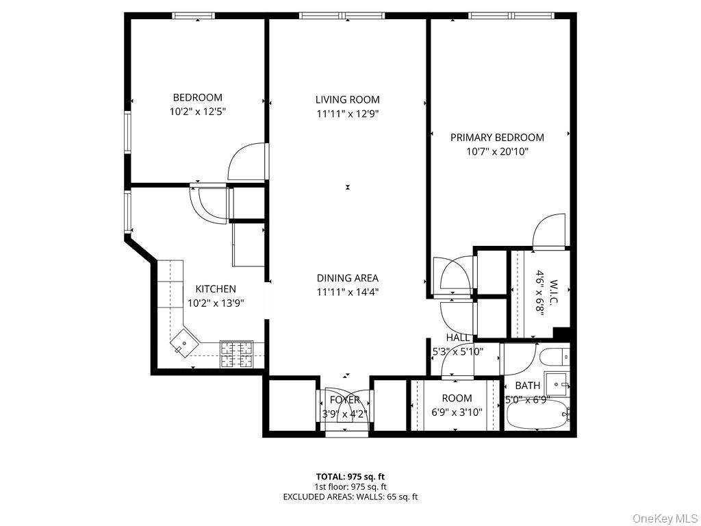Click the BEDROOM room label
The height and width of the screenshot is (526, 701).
(x=197, y=97)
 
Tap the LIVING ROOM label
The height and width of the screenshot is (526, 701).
(x=347, y=99)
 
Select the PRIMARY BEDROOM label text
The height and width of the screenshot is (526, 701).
(x=497, y=138)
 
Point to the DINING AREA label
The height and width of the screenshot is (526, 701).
(x=347, y=278)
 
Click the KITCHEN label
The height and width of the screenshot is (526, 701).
(x=216, y=289)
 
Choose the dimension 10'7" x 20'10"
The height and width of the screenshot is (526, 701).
(x=497, y=151)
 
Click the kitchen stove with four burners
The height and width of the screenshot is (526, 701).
(x=236, y=353)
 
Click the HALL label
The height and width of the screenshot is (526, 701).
(x=458, y=338)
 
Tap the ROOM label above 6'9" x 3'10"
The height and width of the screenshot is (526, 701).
(x=457, y=398)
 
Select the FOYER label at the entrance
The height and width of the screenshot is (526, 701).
(x=345, y=400)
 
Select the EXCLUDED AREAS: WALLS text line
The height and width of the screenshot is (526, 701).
(x=350, y=497)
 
